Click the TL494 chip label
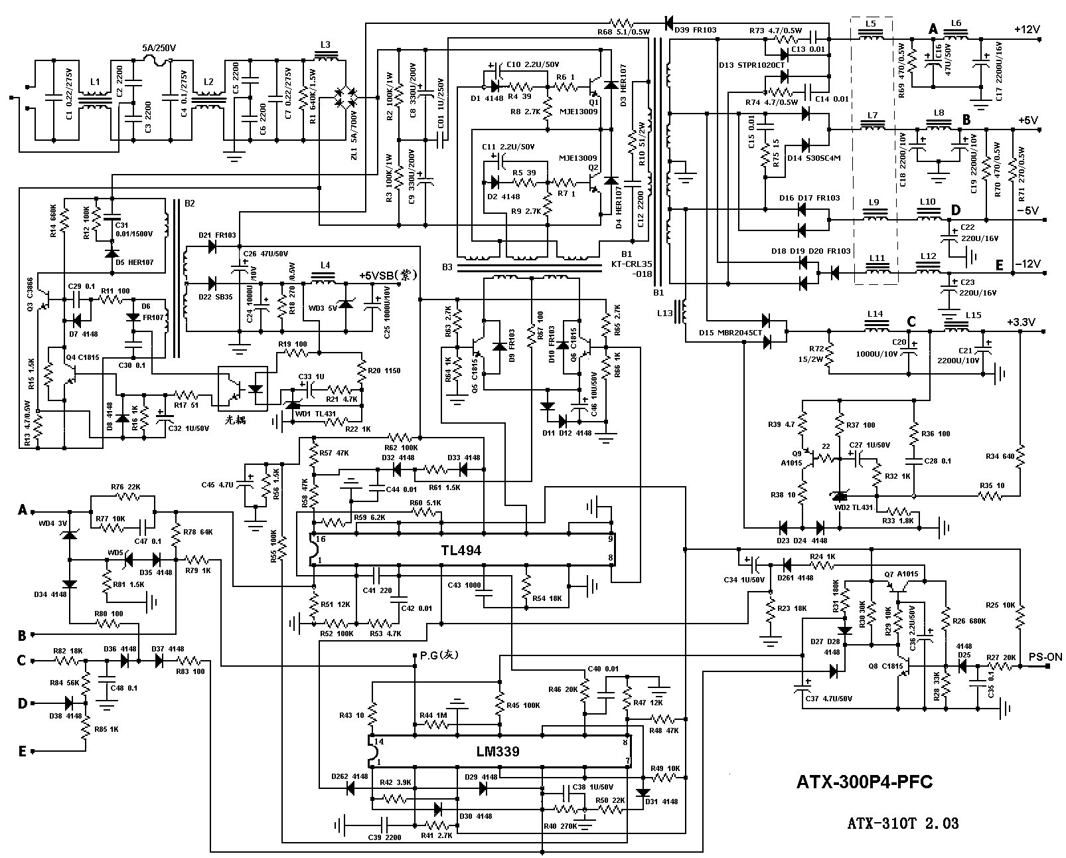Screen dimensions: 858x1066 (460, 551)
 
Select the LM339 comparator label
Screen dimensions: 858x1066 (497, 752)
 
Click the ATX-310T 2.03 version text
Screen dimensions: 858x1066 (902, 823)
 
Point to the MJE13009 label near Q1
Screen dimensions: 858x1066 (579, 112)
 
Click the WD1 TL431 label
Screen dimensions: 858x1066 (317, 413)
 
